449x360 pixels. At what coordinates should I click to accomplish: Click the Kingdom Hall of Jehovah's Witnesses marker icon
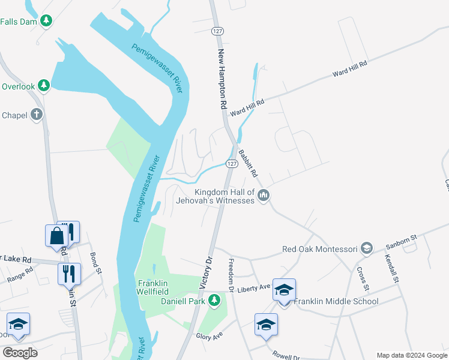(264, 195)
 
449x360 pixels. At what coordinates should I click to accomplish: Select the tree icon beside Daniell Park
(214, 299)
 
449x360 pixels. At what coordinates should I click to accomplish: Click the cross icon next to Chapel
(37, 115)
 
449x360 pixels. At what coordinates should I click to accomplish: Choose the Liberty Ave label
(255, 289)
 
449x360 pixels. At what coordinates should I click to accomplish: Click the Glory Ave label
(209, 336)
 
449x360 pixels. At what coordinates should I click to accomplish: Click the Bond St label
(95, 263)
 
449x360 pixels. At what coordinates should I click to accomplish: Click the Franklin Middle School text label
(336, 301)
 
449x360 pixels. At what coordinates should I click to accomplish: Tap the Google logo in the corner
(20, 353)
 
